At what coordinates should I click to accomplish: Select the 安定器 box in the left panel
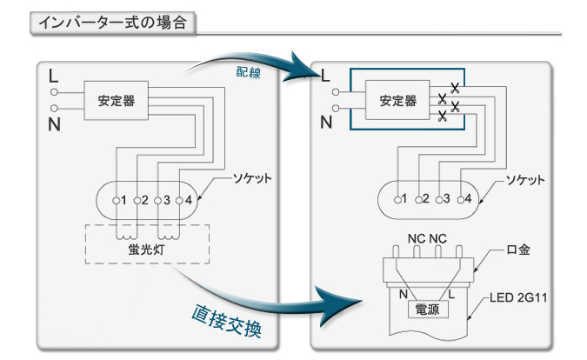116,101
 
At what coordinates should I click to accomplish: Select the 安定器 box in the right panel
397,101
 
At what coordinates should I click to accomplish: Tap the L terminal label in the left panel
55,73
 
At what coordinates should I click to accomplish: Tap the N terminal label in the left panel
55,126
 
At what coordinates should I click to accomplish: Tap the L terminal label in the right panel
326,75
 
